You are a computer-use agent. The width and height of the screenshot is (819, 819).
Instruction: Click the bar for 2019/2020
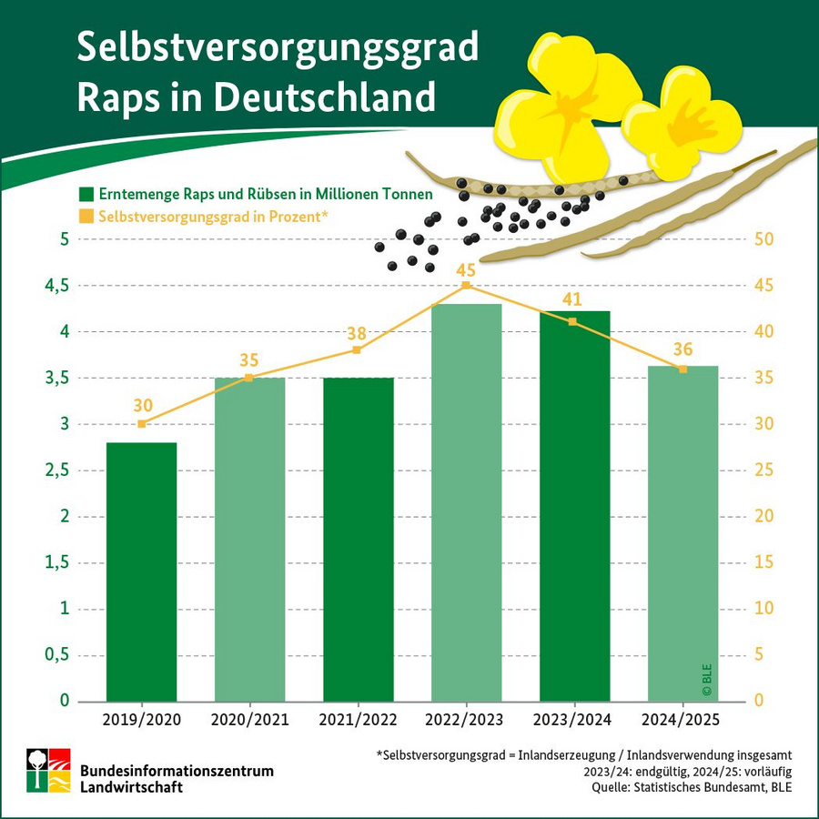(x=141, y=571)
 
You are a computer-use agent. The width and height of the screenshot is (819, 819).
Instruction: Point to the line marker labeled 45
(x=466, y=285)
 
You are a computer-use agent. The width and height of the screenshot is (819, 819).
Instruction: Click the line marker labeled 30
(x=141, y=424)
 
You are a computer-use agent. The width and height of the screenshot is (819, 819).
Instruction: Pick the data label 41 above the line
(x=572, y=300)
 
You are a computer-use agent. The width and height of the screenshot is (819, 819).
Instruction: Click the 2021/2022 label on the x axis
(x=357, y=720)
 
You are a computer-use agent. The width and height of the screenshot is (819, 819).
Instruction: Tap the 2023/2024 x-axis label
(x=573, y=720)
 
